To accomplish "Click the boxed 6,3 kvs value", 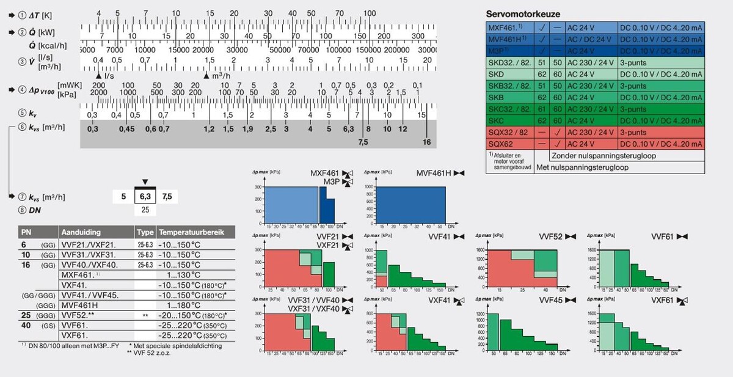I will coord(145,197).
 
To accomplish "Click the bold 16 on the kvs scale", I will coord(427,142).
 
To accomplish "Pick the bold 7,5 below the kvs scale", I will coord(363,142).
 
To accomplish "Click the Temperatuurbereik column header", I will coord(192,232).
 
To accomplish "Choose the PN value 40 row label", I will coord(26,325).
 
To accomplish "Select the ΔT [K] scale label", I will coord(37,14).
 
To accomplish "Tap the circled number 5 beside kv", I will coord(23,114).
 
